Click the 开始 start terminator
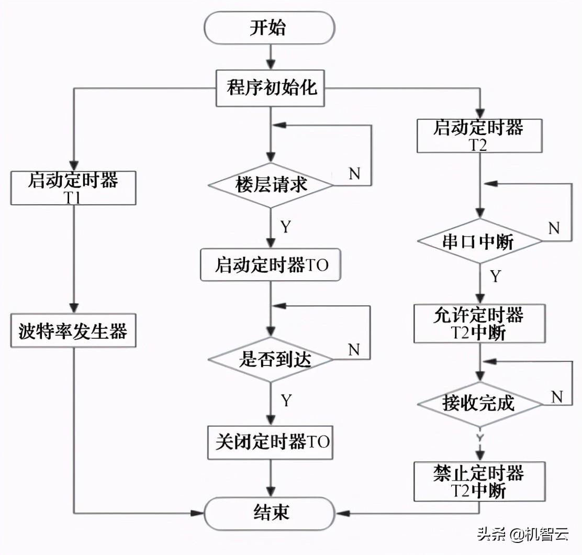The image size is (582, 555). tap(269, 28)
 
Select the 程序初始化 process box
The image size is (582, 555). tap(271, 88)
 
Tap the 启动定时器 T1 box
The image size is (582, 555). tap(73, 187)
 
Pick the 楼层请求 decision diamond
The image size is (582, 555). tap(271, 185)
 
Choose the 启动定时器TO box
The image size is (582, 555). tap(271, 265)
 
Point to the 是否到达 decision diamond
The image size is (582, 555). tap(271, 359)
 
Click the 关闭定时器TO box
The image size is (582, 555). tap(271, 442)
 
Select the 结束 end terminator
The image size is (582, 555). tap(269, 512)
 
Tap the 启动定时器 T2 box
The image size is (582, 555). tap(478, 136)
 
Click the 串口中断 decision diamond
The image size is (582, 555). tap(478, 241)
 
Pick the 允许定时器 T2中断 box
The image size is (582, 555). tap(479, 324)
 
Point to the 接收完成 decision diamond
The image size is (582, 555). tap(478, 403)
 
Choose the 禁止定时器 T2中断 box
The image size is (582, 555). tap(479, 481)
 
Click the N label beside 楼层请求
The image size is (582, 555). tap(354, 173)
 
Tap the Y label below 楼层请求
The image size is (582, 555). tap(285, 227)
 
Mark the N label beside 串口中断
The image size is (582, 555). tap(554, 228)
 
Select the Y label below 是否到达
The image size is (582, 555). tap(286, 401)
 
